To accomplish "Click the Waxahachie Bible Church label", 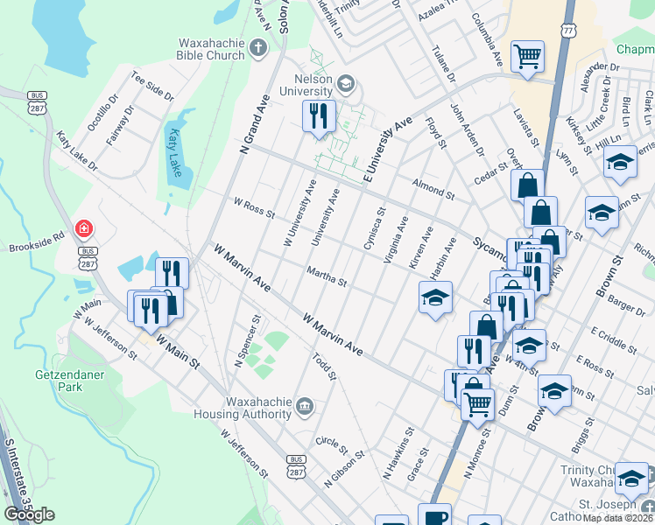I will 211,49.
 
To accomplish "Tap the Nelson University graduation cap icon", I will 345,83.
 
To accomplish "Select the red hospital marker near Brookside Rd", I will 84,229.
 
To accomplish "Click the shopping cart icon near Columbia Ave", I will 527,57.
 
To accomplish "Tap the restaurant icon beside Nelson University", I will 318,115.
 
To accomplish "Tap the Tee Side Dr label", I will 153,86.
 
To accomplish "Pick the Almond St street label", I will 433,187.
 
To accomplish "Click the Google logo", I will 29,514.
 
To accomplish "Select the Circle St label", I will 332,443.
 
